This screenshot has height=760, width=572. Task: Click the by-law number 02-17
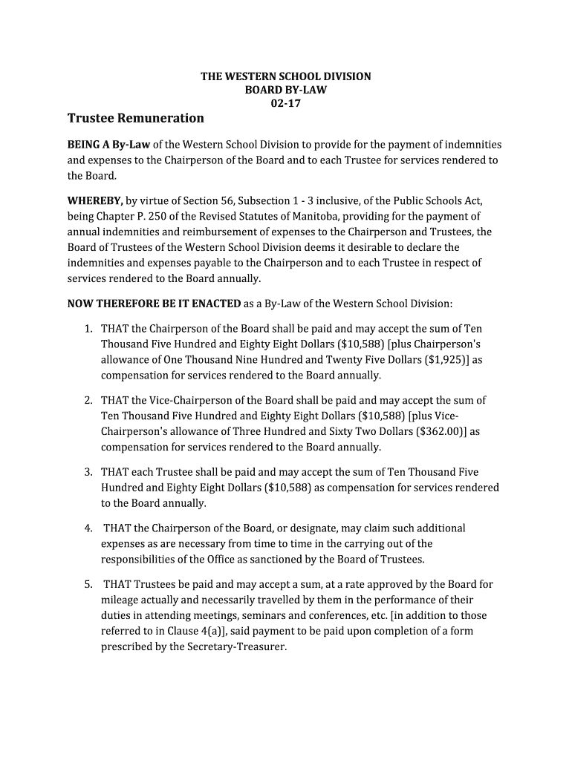point(286,104)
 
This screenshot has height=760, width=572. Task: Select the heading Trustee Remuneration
point(135,118)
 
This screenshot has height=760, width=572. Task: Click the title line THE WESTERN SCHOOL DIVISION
point(286,76)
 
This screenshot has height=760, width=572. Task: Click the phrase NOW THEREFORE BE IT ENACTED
point(154,303)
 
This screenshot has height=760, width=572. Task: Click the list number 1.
point(88,327)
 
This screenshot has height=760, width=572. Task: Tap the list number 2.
point(88,400)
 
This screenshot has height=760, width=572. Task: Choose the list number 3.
point(88,472)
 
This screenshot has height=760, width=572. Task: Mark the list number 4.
point(88,528)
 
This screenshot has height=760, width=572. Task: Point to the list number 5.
point(88,584)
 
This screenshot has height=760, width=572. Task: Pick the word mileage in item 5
point(121,600)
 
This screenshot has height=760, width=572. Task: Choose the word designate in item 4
point(319,528)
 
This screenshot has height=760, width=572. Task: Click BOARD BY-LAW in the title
point(286,91)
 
